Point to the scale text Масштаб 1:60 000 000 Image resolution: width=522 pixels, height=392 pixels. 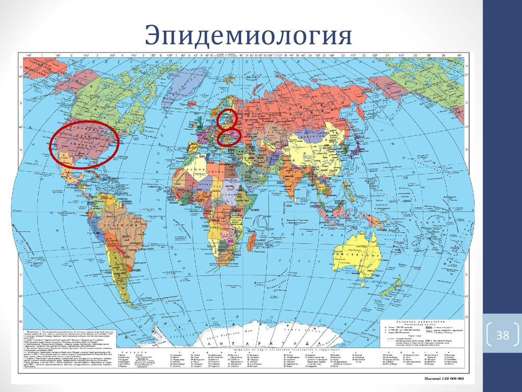click(x=440, y=379)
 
